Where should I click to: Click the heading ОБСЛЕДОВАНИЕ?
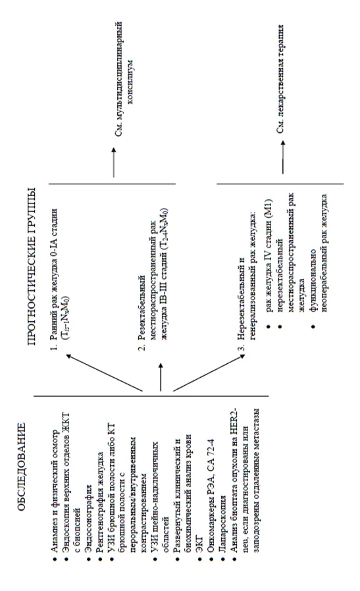click(x=22, y=467)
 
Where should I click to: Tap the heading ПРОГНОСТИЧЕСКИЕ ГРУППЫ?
click(x=32, y=266)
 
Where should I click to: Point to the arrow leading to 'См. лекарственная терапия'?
click(x=282, y=157)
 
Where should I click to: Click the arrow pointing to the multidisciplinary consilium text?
click(x=113, y=162)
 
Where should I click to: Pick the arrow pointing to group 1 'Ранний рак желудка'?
click(x=105, y=373)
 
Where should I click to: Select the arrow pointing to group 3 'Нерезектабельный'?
click(x=209, y=373)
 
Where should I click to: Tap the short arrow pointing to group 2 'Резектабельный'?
click(x=161, y=377)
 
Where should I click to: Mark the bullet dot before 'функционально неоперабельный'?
click(x=313, y=326)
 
